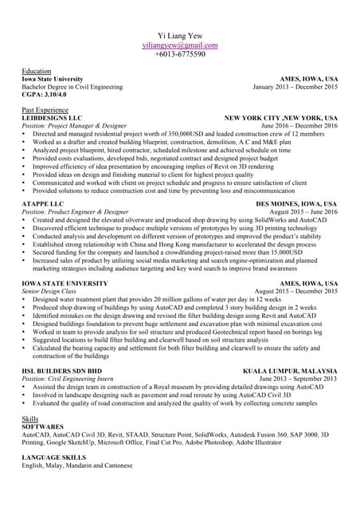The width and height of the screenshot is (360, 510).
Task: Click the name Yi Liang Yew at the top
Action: [180, 37]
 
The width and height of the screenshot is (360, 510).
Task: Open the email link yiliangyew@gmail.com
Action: [180, 45]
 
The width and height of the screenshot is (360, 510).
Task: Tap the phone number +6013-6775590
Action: [180, 54]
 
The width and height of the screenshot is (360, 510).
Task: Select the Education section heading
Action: [37, 72]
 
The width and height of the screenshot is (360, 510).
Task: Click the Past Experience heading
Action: [45, 108]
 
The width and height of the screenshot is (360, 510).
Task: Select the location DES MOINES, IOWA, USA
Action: [295, 204]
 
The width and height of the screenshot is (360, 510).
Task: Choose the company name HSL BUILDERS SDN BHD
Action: [62, 371]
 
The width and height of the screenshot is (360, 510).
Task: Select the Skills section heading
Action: [30, 418]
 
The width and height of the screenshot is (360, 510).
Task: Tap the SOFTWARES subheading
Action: [45, 426]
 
